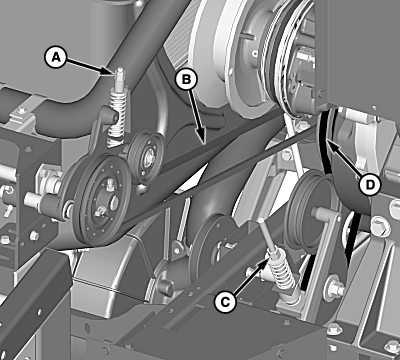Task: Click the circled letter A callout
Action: tap(56, 57)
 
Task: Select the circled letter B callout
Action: tap(186, 79)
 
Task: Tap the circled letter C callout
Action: tap(225, 302)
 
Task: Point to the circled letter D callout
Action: tap(370, 185)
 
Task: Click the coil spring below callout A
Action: tap(117, 117)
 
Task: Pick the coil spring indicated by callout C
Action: tap(282, 272)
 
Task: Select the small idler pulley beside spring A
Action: tap(146, 157)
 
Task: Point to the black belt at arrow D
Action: tap(325, 140)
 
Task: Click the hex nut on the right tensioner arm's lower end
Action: tap(335, 289)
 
